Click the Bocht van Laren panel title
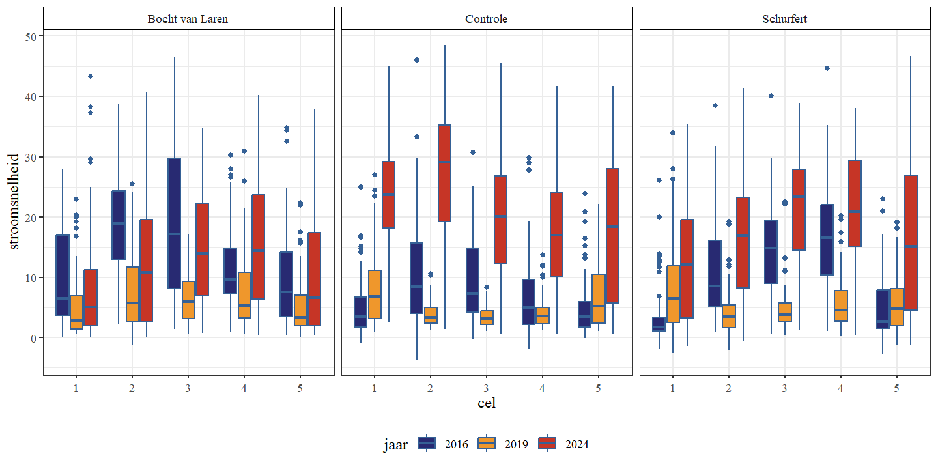pos(188,19)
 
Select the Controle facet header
pos(487,19)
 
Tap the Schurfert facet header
pos(784,19)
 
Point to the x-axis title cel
pos(487,403)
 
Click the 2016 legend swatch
pos(427,444)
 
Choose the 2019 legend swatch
pos(487,444)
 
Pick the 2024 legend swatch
pos(547,444)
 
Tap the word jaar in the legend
pos(395,445)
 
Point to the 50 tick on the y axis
pos(31,36)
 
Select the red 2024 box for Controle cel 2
pos(444,173)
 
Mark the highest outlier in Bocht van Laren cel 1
pos(91,76)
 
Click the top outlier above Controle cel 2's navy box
pos(417,60)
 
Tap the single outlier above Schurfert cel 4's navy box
pos(827,68)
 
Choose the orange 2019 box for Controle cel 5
pos(599,298)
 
